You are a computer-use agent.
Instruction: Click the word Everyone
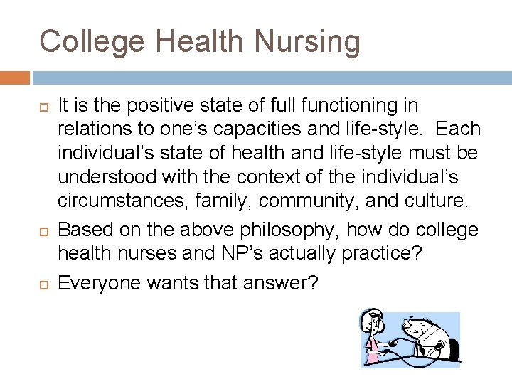(100, 283)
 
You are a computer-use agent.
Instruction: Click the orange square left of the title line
(15, 78)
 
